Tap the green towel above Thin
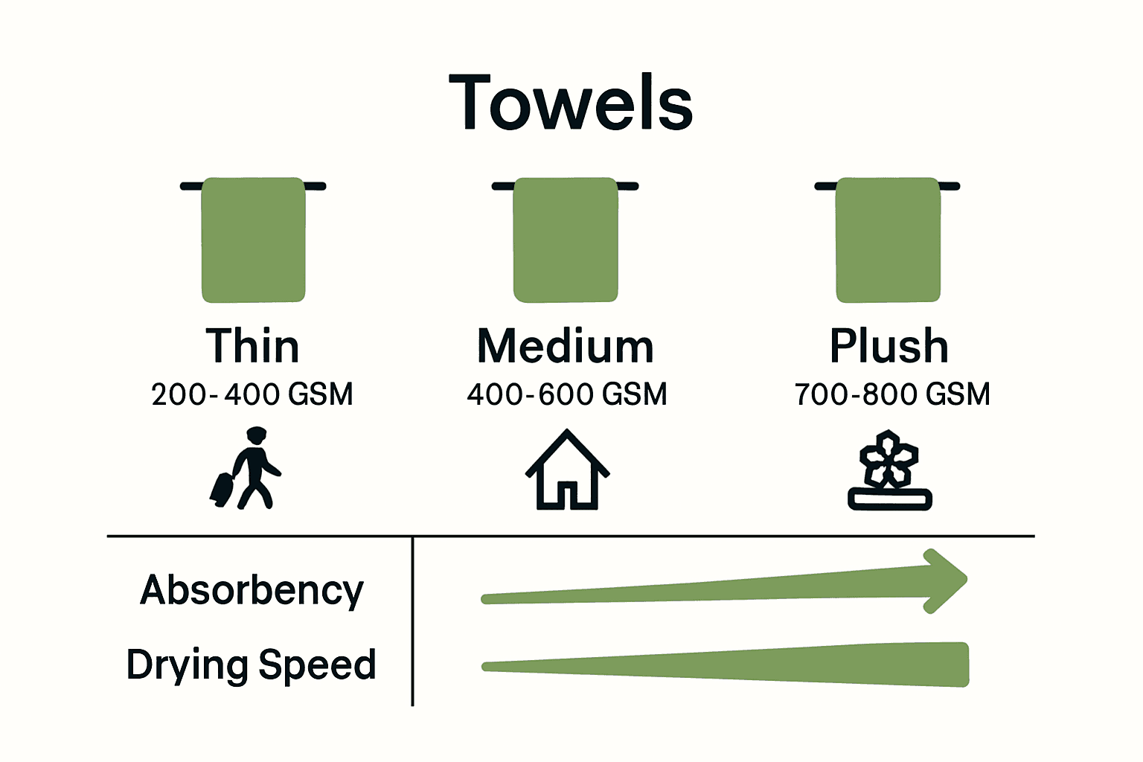point(254,240)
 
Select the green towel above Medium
point(566,240)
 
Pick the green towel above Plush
point(888,240)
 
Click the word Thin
point(253,346)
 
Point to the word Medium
point(566,346)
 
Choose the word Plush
point(889,346)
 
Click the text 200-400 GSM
point(252,394)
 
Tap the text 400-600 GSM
point(567,394)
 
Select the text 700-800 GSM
point(892,394)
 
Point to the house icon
point(567,470)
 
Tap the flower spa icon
point(889,470)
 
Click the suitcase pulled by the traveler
point(222,489)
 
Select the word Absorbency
point(252,590)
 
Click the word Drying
point(187,665)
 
